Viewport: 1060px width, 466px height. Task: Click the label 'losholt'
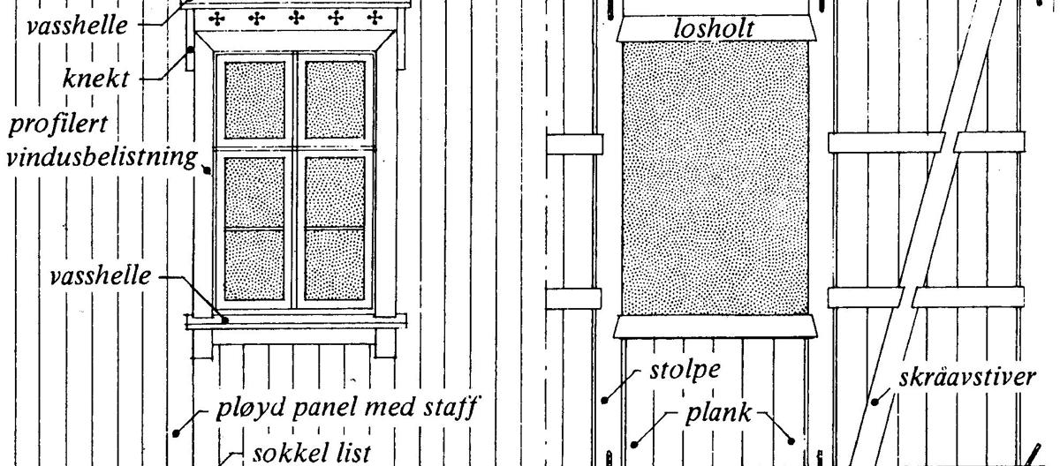tap(714, 30)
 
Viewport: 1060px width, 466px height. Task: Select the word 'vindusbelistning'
tap(98, 158)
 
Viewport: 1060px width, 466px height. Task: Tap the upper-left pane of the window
tap(255, 99)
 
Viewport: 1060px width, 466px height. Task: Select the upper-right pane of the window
tap(335, 99)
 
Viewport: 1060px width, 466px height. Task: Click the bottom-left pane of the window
tap(255, 265)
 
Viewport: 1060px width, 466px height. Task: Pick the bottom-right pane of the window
tap(335, 265)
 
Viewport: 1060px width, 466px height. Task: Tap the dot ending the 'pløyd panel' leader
tap(177, 431)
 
